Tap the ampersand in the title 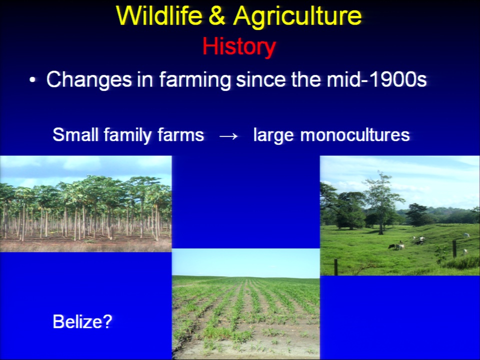coord(217,15)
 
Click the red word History coord(239,47)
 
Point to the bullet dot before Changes coord(32,80)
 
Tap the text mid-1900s coord(376,79)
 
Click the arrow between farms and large coord(228,136)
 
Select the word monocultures coord(355,134)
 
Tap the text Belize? coord(82,321)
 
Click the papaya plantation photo coord(85,204)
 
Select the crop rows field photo coord(246,304)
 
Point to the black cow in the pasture coord(391,246)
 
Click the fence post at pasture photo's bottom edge coord(336,267)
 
